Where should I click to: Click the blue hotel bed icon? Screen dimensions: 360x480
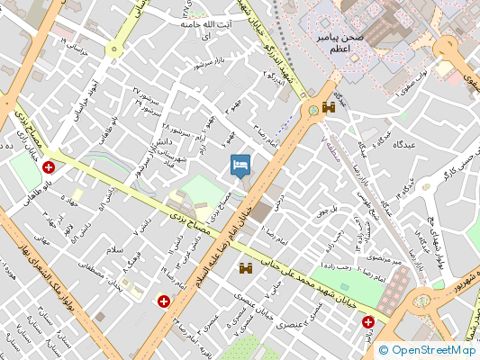240,165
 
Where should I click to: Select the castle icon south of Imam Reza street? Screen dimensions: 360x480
245,268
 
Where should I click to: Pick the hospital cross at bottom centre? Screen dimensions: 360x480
164,301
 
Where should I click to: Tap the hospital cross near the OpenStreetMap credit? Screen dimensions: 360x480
369,322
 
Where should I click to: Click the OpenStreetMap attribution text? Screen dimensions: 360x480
427,351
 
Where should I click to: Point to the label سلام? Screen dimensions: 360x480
114,248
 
